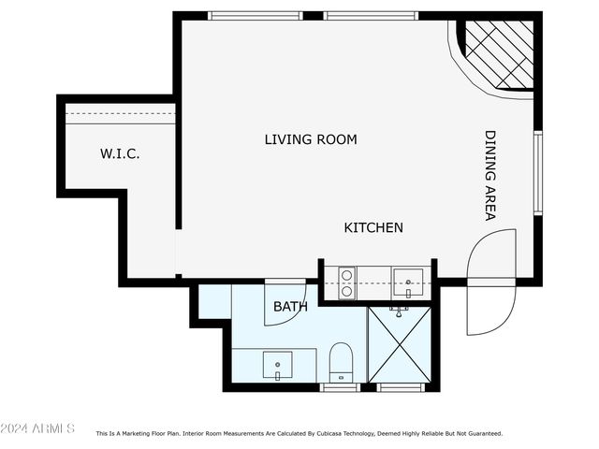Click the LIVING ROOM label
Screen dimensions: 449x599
(x=311, y=140)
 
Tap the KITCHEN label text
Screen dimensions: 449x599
(x=373, y=227)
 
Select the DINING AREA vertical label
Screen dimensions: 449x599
(x=489, y=175)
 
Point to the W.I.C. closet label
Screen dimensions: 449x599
(x=120, y=154)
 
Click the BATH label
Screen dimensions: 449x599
(x=290, y=306)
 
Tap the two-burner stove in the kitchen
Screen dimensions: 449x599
(x=345, y=282)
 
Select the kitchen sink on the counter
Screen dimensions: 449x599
(x=408, y=281)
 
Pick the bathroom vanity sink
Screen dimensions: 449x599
(x=277, y=364)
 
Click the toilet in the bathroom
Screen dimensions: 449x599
(x=341, y=362)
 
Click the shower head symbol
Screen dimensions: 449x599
(x=400, y=310)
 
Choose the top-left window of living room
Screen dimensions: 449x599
(x=255, y=16)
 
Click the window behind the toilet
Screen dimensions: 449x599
(x=340, y=386)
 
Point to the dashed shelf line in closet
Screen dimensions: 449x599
(x=120, y=114)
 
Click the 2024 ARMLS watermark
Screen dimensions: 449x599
(x=37, y=428)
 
